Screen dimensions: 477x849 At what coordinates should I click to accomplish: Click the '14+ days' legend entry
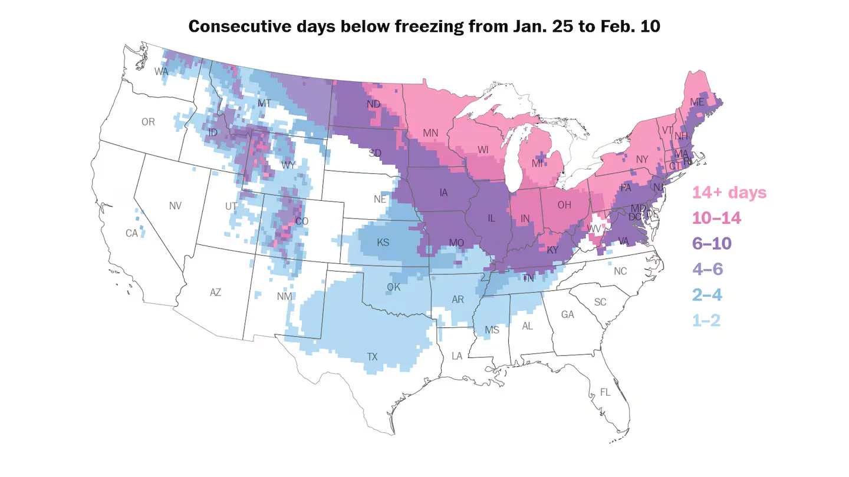[729, 193]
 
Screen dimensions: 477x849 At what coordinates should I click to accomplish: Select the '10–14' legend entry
[716, 218]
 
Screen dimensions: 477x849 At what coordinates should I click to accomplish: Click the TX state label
[372, 357]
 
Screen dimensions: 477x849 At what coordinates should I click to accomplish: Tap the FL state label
[605, 392]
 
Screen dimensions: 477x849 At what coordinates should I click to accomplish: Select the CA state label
[131, 234]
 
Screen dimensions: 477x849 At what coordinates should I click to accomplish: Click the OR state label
[148, 122]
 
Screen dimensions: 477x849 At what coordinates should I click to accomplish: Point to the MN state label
[430, 133]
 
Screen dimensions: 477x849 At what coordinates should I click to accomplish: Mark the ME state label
[697, 102]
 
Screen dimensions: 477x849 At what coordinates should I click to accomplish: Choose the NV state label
[175, 206]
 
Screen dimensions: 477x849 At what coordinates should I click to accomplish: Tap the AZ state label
[215, 292]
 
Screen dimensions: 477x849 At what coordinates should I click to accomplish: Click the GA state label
[567, 315]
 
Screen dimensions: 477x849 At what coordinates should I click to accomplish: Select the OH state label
[564, 205]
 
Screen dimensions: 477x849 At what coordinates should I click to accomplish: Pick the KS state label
[383, 242]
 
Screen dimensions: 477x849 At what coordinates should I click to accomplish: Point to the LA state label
[457, 356]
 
